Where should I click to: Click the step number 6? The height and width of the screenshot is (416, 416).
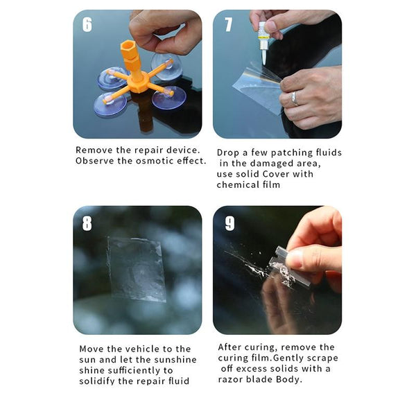coord(87,25)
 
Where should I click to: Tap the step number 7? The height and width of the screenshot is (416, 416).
coord(228,25)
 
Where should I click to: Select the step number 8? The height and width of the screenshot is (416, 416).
coord(87,223)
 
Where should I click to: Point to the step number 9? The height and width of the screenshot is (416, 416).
coord(229,223)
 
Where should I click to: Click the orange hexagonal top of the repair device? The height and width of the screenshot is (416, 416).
coord(128,49)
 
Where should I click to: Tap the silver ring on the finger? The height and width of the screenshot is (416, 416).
coord(294,98)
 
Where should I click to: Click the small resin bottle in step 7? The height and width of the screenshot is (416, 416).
coord(263,42)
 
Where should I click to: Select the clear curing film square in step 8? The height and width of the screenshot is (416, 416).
coord(137,269)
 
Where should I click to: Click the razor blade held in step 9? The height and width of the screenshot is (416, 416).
coord(289,267)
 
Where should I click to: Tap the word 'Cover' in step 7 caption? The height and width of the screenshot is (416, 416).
coord(276,174)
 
